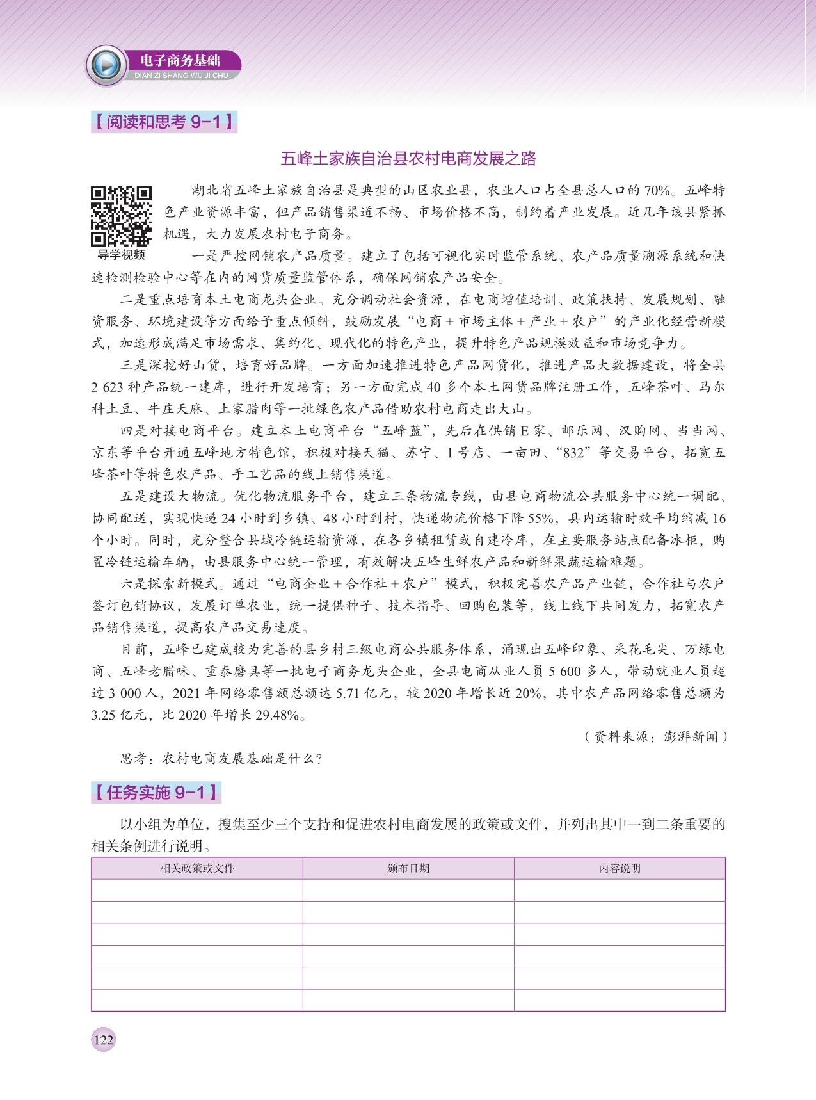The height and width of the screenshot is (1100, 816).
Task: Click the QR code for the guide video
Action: coord(121,216)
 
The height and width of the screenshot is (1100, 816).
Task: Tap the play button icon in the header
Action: coord(106,65)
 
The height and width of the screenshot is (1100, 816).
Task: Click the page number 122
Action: coord(103,1039)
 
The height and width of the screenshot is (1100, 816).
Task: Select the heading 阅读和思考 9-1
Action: coord(164,122)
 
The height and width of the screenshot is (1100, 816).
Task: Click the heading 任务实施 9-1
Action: coord(156,793)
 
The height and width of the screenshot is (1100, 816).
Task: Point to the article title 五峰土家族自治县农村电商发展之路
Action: coord(408,159)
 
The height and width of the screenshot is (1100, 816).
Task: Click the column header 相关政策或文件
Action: coord(197,868)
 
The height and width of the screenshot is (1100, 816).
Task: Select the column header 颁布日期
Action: coord(408,868)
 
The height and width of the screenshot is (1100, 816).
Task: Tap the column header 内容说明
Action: coord(620,868)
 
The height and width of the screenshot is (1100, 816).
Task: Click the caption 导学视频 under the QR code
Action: coord(121,255)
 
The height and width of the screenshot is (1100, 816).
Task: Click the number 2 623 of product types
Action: coord(106,387)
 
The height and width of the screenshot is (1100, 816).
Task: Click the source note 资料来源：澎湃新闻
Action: coord(655,737)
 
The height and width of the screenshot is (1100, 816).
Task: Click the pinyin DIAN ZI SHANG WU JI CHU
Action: coord(181,76)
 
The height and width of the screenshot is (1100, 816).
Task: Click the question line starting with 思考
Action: coord(221,759)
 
